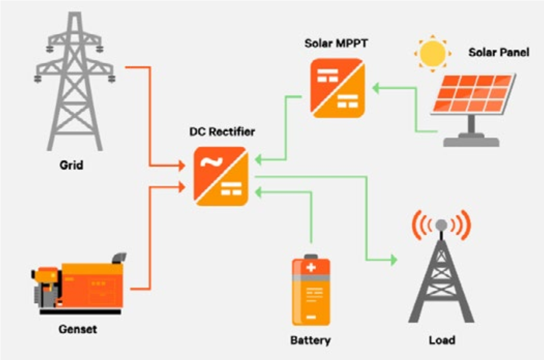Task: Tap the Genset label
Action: pyautogui.click(x=78, y=329)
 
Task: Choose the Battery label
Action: pyautogui.click(x=311, y=340)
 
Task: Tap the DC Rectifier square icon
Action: pyautogui.click(x=221, y=176)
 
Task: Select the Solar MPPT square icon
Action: pyautogui.click(x=337, y=88)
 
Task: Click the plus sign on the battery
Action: pyautogui.click(x=311, y=268)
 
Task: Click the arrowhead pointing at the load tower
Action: pyautogui.click(x=393, y=260)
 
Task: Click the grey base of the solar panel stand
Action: pyautogui.click(x=471, y=142)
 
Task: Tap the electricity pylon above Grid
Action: pyautogui.click(x=74, y=80)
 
